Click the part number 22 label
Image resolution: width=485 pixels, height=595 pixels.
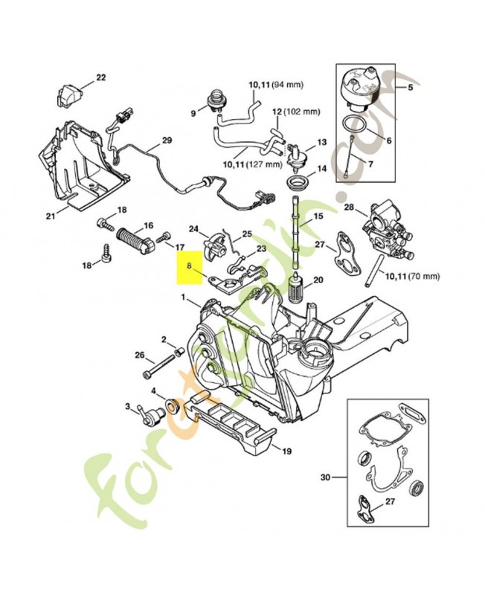101,77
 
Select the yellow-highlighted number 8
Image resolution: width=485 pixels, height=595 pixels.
190,265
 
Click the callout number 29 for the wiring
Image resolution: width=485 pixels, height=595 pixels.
166,141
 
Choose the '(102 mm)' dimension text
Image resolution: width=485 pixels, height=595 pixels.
302,112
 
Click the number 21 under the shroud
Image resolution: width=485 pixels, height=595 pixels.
51,216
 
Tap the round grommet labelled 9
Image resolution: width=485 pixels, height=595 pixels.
216,100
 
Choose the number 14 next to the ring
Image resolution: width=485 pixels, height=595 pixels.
321,169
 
